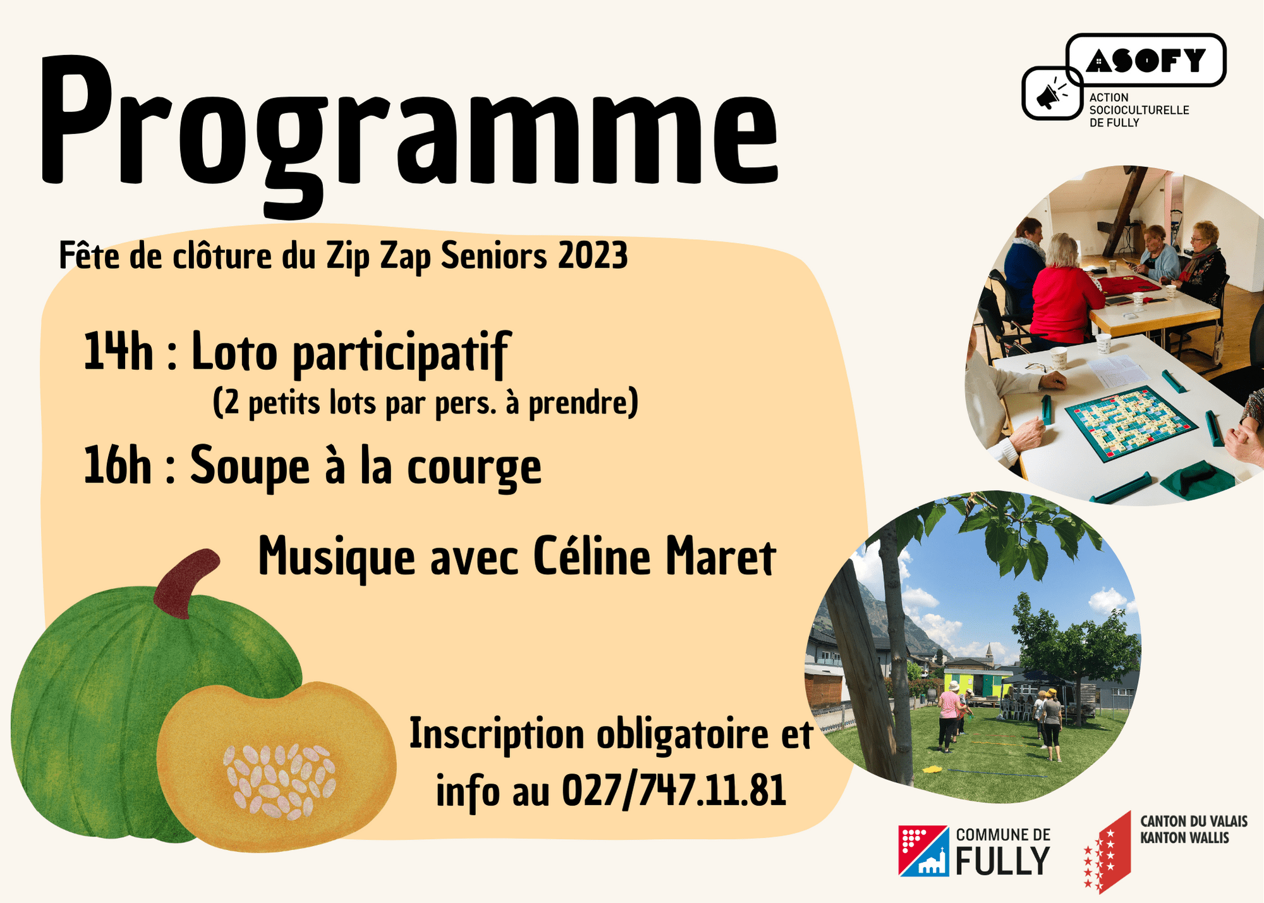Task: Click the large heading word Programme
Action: pos(408,133)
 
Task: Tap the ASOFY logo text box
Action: pos(1146,60)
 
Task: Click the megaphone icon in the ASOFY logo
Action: pos(1051,94)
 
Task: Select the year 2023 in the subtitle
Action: pos(593,255)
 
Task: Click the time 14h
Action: pos(118,352)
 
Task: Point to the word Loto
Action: pos(234,352)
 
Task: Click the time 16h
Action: pos(118,465)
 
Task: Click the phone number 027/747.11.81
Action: pos(674,790)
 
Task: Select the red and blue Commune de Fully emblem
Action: pos(923,851)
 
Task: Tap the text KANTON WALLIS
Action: pos(1184,838)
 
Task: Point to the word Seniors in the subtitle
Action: pos(494,255)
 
